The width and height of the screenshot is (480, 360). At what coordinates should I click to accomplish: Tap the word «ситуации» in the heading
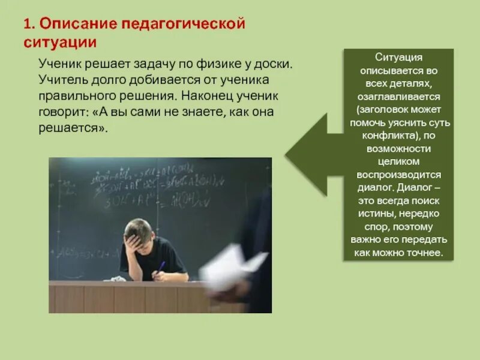pos(60,43)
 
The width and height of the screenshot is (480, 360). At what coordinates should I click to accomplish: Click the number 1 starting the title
pos(28,25)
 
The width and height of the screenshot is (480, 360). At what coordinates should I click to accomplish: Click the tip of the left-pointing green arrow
pos(287,153)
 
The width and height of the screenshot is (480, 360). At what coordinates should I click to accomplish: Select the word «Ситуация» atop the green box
pos(399,58)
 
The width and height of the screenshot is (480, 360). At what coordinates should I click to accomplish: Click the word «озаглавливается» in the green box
pos(399,97)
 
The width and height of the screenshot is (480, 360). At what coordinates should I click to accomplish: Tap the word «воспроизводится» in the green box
pos(399,175)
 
